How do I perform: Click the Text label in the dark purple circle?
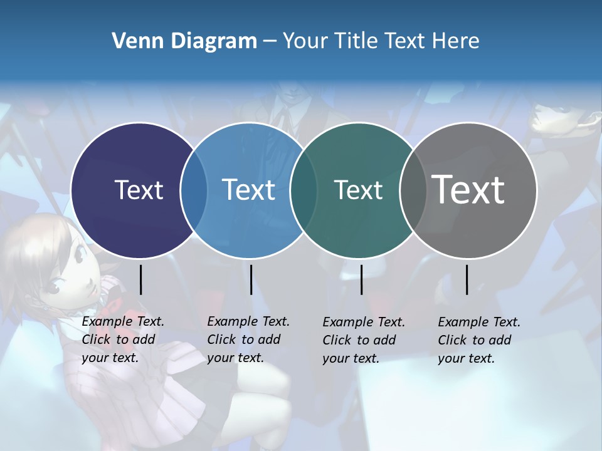(x=139, y=190)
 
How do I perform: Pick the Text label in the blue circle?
(x=249, y=190)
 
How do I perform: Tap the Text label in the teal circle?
(x=358, y=190)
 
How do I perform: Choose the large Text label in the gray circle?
(x=468, y=190)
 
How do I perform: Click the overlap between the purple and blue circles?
(x=194, y=190)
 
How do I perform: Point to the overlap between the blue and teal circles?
(x=304, y=190)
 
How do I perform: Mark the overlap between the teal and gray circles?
(x=413, y=190)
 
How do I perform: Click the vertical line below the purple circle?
(x=140, y=279)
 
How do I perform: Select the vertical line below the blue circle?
(x=251, y=279)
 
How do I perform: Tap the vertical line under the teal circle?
(x=361, y=279)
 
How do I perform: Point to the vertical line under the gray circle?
(x=467, y=279)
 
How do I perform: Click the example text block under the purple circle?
(x=123, y=340)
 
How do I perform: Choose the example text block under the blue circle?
(x=248, y=340)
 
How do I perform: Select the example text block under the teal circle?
(x=364, y=340)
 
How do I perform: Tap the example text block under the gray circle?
(x=479, y=340)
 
